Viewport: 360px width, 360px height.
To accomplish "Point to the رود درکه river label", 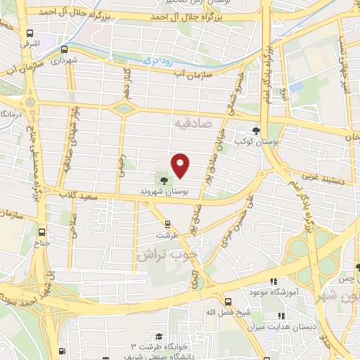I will (x=158, y=60).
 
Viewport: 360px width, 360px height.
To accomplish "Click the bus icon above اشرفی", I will (x=30, y=33).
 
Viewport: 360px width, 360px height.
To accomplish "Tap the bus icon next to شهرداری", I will (x=65, y=49).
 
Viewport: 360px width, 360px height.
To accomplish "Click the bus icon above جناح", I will (x=42, y=232).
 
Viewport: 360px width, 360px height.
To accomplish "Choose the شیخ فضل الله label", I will (x=222, y=311).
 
